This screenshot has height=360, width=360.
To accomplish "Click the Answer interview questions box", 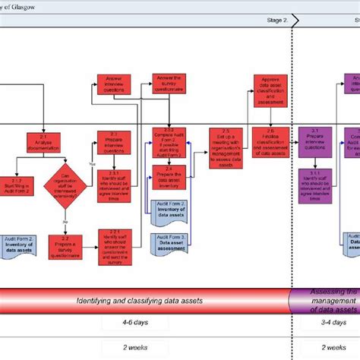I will (112, 84).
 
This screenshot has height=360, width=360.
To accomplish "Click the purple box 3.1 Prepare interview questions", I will (314, 141).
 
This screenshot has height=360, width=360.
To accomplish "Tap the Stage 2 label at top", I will (276, 20).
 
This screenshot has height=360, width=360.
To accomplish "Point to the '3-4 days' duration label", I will (314, 324).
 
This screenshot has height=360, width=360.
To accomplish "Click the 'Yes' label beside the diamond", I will (92, 164).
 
